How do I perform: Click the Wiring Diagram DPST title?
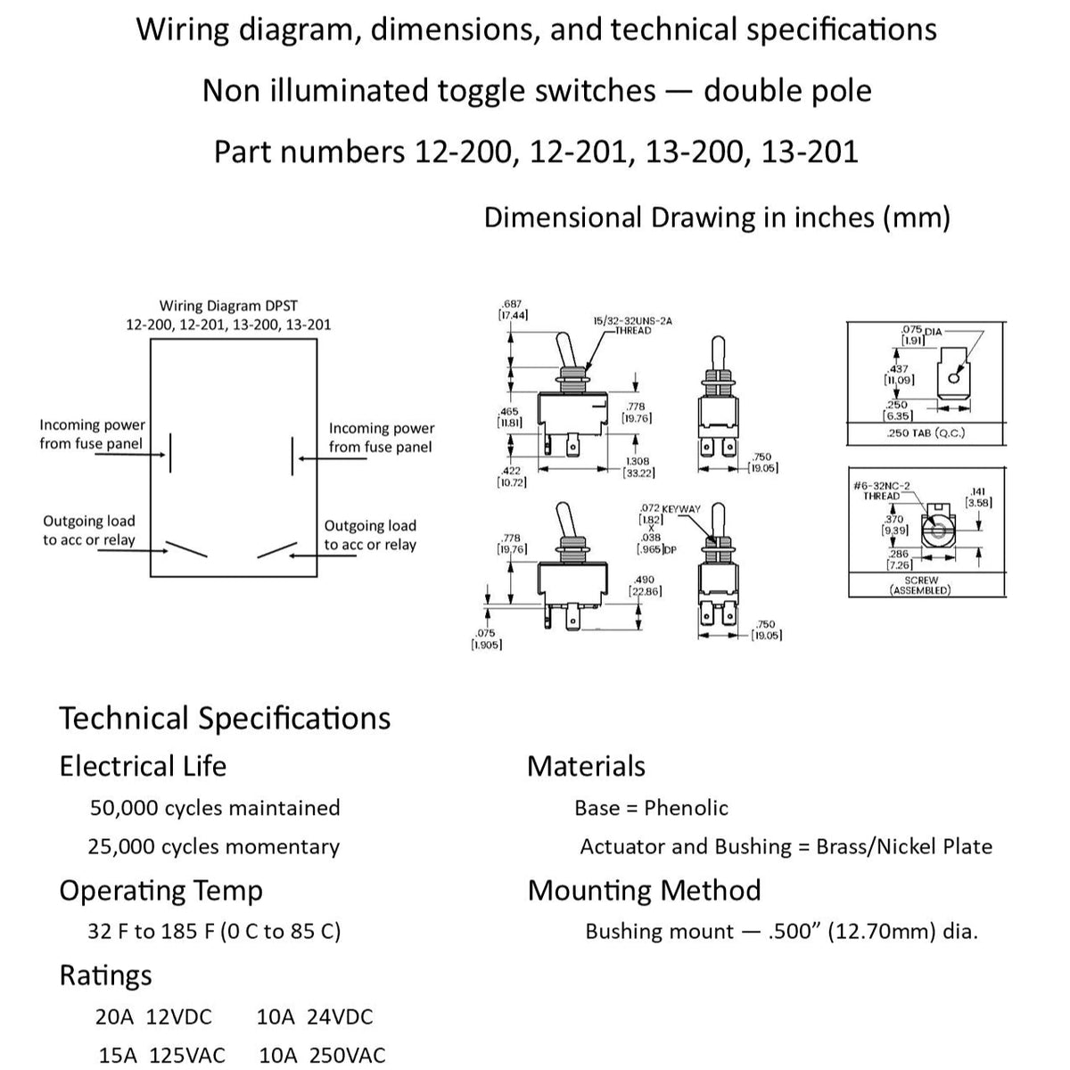point(228,315)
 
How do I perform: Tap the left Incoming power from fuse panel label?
point(92,434)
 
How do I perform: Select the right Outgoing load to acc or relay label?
point(370,535)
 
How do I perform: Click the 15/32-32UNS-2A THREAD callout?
point(632,325)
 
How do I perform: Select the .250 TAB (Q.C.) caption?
point(926,433)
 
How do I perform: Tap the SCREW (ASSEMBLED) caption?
point(921,585)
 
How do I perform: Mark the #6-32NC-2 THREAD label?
point(882,490)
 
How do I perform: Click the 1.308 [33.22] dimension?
point(638,467)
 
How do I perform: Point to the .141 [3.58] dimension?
point(978,497)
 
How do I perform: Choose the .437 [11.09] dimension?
point(899,374)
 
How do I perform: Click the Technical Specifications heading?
point(225,719)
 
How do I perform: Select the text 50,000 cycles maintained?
point(215,808)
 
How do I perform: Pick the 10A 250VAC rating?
point(322,1056)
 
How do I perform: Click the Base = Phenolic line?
point(651,808)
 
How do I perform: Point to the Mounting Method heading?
point(644,891)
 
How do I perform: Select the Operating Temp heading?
point(160,891)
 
